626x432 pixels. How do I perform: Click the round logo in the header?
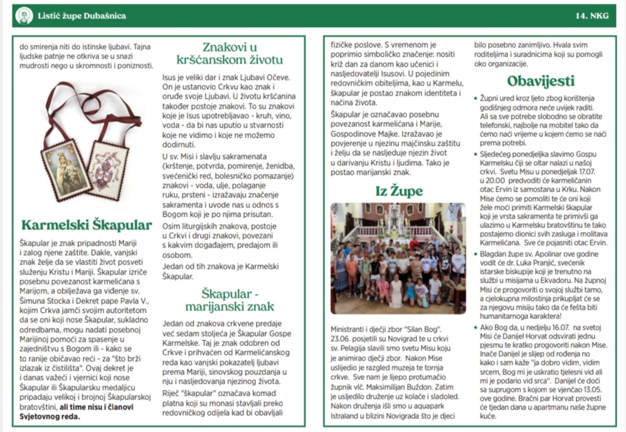(24, 16)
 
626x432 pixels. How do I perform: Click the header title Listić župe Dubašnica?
(81, 16)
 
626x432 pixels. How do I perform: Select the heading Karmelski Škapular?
(87, 225)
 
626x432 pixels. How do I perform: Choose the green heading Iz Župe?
(398, 190)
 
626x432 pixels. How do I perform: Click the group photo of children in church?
(398, 258)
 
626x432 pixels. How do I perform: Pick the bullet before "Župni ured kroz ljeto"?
(475, 99)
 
